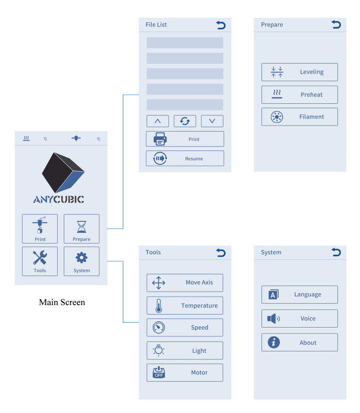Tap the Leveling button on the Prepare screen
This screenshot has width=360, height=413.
(299, 72)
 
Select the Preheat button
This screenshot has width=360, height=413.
(299, 95)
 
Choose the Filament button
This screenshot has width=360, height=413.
(299, 117)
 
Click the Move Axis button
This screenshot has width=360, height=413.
(185, 283)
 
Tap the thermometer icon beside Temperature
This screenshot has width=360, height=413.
(159, 306)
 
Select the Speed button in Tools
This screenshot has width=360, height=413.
(185, 328)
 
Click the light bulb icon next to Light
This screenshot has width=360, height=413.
(158, 350)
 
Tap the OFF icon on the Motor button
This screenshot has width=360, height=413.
(159, 372)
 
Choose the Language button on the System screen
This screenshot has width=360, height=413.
(299, 294)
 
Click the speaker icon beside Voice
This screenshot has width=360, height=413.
(273, 318)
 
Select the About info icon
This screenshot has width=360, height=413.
(274, 342)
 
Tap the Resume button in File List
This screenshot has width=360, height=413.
(185, 158)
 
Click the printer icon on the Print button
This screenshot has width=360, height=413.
(160, 139)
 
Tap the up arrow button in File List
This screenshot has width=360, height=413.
(157, 121)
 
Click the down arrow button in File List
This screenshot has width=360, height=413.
(212, 121)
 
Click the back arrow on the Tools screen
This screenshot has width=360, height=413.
(221, 252)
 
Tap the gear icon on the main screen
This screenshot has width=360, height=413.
(82, 257)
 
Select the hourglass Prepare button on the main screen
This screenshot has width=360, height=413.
(82, 229)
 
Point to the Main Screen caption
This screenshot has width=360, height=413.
(62, 302)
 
